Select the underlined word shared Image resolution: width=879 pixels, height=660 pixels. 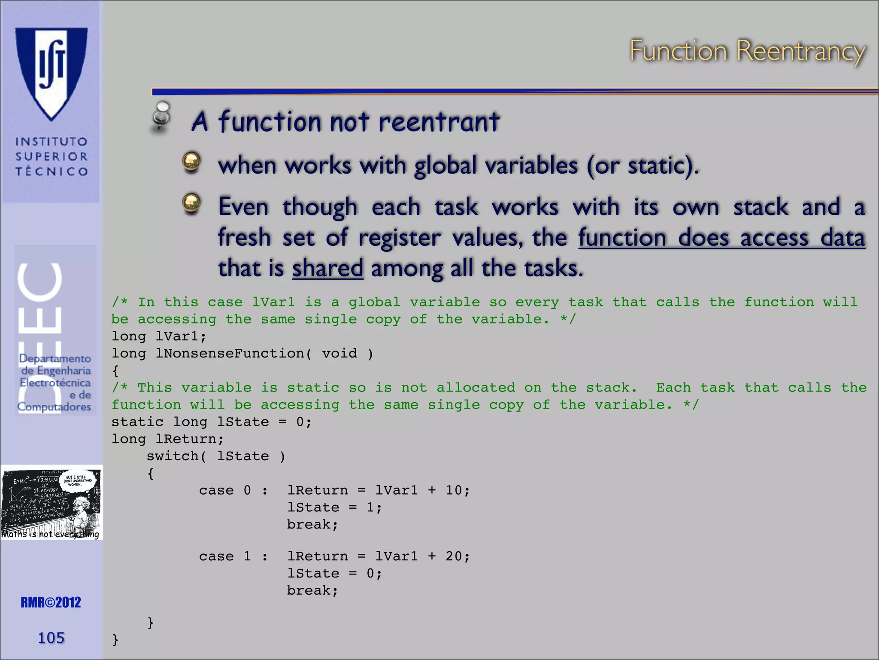pos(327,269)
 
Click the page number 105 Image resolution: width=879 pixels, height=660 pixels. pos(51,638)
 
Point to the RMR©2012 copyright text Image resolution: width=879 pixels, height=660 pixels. pos(51,602)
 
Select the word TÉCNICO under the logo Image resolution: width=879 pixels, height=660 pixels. pos(52,172)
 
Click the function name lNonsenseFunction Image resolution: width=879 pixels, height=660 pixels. pos(230,354)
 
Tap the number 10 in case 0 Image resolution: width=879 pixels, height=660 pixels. pos(454,490)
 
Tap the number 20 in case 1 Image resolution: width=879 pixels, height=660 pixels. pos(454,556)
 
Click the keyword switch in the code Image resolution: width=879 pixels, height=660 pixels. pos(173,456)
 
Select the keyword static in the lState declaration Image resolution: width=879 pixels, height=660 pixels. pos(137,422)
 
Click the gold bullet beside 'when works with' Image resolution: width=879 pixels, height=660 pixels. pos(191,162)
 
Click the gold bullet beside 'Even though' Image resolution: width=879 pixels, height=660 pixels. pos(191,203)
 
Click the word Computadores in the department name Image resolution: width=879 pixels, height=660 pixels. pos(54,407)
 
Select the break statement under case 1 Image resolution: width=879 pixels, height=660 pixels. pos(312,591)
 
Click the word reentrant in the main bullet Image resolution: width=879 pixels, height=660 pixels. pos(439,122)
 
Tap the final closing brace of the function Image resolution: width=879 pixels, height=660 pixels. pos(115,640)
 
